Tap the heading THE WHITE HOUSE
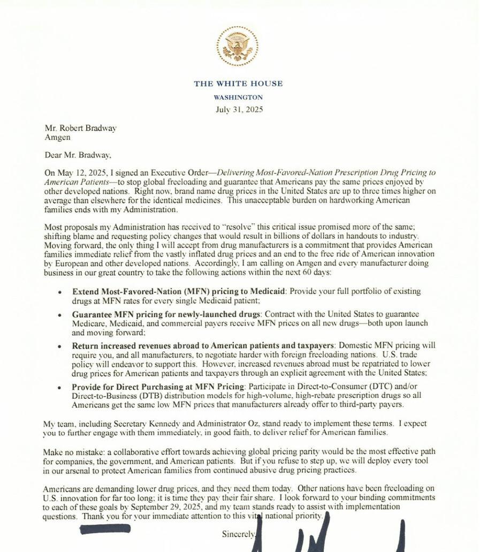[238, 84]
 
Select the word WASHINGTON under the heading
[238, 97]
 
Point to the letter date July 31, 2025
[239, 110]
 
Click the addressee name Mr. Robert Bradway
[80, 128]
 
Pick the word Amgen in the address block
[57, 137]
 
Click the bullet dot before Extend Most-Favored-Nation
[60, 292]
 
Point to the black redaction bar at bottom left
[105, 530]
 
